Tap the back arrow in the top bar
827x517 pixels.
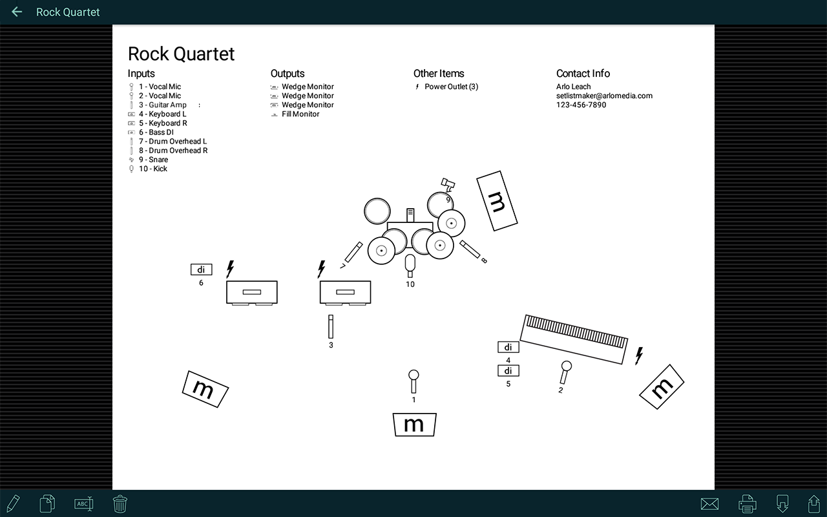click(17, 12)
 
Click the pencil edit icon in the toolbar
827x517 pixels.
click(12, 503)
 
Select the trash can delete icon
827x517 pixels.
click(120, 503)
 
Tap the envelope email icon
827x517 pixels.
click(709, 503)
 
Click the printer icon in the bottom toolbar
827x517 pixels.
click(747, 503)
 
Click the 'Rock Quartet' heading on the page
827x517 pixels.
click(181, 54)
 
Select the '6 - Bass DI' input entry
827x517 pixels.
click(156, 132)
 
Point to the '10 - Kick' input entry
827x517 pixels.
click(152, 169)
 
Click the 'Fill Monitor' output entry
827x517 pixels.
click(300, 114)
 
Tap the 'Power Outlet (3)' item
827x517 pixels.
click(451, 87)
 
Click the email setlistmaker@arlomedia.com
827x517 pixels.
click(604, 96)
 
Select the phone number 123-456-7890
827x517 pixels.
click(581, 105)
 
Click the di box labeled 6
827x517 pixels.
click(201, 269)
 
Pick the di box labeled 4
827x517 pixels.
click(508, 347)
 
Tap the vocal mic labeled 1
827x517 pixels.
click(413, 381)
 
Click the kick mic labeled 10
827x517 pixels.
click(410, 265)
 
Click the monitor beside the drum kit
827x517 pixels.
click(497, 201)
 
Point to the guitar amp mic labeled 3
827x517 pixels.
click(331, 326)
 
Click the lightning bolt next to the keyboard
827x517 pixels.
click(639, 355)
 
